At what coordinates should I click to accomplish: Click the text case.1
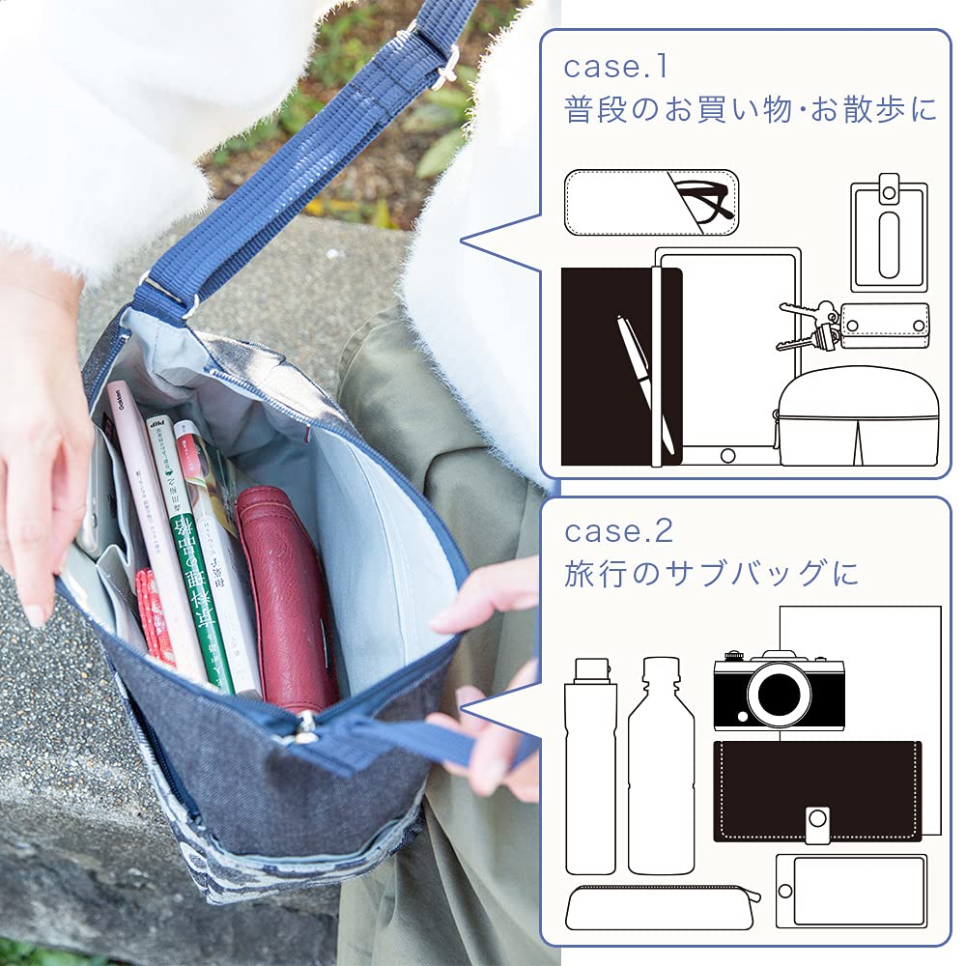click(615, 69)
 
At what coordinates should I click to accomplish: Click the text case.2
click(618, 531)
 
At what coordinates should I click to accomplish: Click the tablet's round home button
click(727, 454)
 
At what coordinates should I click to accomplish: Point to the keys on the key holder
click(810, 324)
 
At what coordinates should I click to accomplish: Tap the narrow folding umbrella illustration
click(589, 768)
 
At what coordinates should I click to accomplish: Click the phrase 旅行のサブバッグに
click(711, 574)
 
